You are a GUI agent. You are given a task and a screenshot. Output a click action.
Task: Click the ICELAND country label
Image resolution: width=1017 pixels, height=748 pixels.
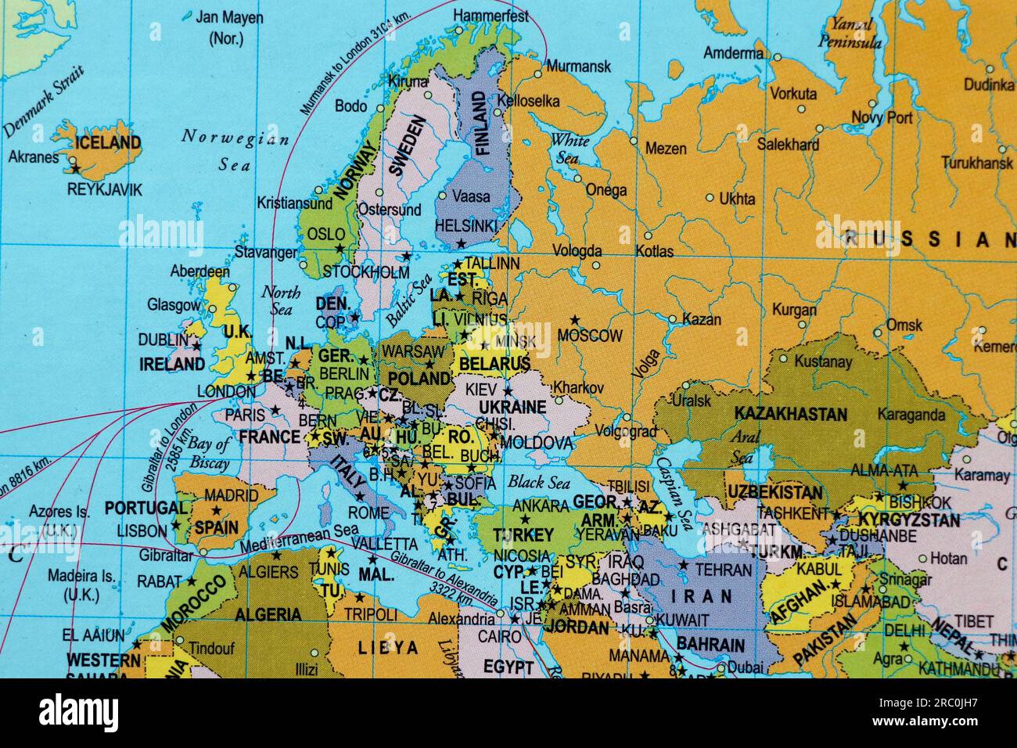tap(108, 142)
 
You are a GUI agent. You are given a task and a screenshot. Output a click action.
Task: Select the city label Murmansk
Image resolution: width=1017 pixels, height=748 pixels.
tap(578, 67)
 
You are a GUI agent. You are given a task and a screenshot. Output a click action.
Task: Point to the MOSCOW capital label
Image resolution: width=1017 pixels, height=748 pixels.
tap(590, 336)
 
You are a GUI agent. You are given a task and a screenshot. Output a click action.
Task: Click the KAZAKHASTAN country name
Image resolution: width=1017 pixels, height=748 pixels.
tap(790, 414)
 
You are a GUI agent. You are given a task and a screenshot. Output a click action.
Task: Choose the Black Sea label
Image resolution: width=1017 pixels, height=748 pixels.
tap(538, 482)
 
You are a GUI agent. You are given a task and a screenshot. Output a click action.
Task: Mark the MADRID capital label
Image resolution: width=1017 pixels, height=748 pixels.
tap(231, 495)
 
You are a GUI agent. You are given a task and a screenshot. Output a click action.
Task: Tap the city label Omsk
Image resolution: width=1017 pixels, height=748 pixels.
tap(904, 325)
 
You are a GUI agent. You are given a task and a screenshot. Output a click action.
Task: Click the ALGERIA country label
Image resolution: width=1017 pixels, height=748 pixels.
tap(268, 614)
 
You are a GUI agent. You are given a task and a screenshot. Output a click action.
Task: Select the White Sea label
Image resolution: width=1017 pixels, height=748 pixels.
tap(569, 149)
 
